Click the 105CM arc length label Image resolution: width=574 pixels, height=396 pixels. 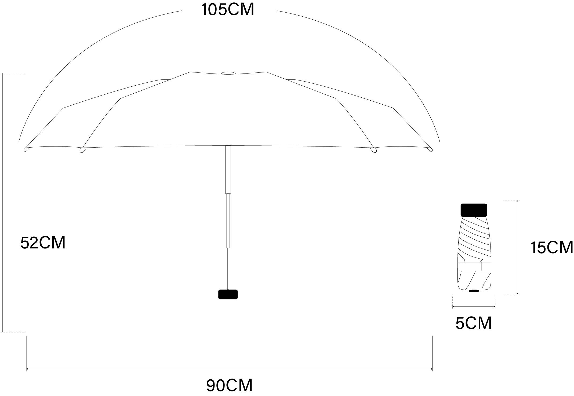227,10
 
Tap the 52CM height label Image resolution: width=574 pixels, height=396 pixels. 43,243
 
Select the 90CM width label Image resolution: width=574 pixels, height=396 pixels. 230,386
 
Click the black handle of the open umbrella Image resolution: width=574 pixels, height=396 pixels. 228,294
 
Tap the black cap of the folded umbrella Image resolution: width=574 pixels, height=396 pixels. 474,210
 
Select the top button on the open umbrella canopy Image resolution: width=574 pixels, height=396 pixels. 228,73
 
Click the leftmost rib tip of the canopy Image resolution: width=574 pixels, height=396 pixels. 26,149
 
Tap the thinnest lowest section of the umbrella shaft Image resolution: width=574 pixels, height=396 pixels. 228,268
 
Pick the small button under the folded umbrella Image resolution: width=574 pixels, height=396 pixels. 474,290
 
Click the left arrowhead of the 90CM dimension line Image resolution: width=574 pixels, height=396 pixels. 27,369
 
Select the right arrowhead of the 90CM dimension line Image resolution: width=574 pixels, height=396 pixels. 432,369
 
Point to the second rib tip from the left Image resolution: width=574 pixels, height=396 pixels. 82,150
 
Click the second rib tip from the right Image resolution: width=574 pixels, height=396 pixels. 373,150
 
